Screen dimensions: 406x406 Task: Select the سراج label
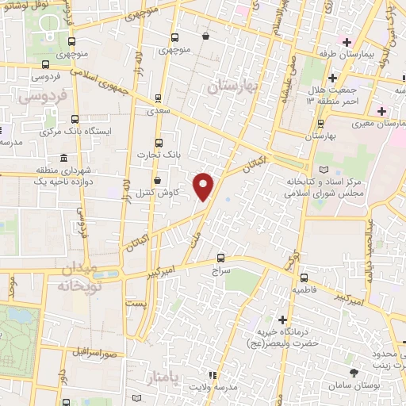pos(220,270)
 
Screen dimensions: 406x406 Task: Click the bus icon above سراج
pos(220,257)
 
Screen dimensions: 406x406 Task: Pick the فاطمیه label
pos(304,291)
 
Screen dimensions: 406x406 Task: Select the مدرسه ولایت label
pos(213,387)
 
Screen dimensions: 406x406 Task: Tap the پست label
pos(137,304)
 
